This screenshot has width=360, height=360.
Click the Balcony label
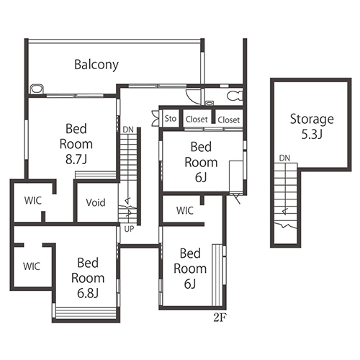(x=96, y=65)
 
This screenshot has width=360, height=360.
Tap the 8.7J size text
(x=76, y=159)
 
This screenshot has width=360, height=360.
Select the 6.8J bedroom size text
(x=88, y=293)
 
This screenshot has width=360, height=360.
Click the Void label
(x=96, y=202)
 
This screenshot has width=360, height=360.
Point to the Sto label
(x=171, y=118)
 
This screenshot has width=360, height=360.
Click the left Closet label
(x=197, y=120)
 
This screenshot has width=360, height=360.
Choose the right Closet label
(x=229, y=120)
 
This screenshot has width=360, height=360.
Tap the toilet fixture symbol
(x=235, y=96)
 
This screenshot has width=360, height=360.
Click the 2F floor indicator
(x=220, y=318)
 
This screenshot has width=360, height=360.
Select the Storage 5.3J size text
(x=312, y=135)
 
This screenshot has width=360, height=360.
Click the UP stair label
(x=129, y=229)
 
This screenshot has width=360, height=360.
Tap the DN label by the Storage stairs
(x=284, y=158)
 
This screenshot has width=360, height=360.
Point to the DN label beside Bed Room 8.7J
(x=128, y=130)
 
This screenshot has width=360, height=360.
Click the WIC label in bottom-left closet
(x=32, y=266)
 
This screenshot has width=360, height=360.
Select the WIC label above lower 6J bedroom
(x=185, y=211)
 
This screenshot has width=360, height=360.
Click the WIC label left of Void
(x=33, y=201)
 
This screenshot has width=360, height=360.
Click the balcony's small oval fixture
(x=37, y=89)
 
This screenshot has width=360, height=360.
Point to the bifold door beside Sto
(x=156, y=118)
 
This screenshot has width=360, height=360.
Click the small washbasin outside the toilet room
(x=210, y=104)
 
